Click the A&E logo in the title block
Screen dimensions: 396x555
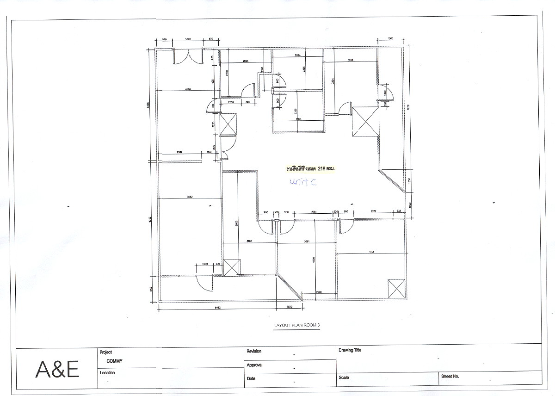(58, 370)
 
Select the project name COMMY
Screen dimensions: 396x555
(114, 361)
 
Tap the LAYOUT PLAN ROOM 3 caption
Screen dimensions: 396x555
(297, 325)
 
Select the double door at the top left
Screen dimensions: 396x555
(188, 57)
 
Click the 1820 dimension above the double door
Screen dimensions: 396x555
(188, 40)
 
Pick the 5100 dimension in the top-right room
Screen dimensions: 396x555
(351, 60)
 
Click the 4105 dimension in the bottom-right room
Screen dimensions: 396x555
(371, 252)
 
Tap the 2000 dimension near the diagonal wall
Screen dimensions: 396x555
(319, 292)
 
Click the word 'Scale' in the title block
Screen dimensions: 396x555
(344, 377)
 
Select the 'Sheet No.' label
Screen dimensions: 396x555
(450, 377)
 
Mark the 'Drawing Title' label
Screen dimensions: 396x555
(350, 350)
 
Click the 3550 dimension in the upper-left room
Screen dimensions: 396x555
(188, 88)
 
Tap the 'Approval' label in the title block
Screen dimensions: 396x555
(254, 365)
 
